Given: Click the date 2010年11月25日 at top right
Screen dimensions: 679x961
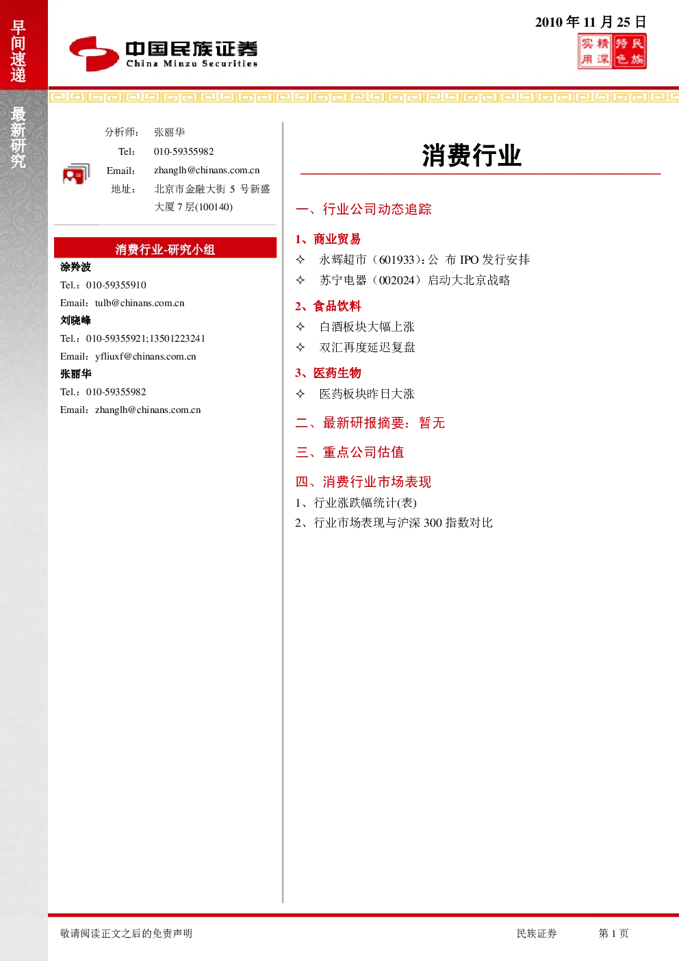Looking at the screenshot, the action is click(x=590, y=22).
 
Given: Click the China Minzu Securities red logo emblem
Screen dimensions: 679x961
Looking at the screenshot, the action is click(x=94, y=53).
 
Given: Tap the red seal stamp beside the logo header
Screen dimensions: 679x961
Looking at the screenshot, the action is click(x=612, y=51).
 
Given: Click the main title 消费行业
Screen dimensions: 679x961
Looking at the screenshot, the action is click(x=472, y=155).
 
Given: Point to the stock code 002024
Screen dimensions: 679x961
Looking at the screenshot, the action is click(x=397, y=280).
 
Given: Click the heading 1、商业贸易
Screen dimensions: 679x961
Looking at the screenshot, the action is click(x=328, y=239).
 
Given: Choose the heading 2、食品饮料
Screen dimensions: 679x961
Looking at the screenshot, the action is click(x=328, y=306).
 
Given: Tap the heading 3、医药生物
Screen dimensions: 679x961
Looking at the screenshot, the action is click(x=328, y=373).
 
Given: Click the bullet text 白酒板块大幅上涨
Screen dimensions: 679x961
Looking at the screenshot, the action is click(x=367, y=327).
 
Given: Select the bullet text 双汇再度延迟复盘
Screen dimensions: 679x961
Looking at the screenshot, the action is click(x=367, y=347).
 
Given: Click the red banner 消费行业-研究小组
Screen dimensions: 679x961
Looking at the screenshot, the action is click(x=165, y=248).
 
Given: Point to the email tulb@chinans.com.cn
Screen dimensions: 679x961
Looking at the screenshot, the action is click(x=140, y=303).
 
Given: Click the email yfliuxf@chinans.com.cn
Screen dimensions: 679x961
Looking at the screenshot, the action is click(x=145, y=356).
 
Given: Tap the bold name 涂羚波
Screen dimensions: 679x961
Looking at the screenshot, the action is click(x=75, y=267).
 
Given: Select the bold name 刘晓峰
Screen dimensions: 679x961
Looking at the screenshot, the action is click(x=75, y=320).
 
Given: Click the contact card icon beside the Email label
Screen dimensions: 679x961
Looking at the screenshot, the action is click(x=76, y=174).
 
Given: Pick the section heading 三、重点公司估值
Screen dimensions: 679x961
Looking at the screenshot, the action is click(x=349, y=452).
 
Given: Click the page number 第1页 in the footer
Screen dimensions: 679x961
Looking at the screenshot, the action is click(x=613, y=933).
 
